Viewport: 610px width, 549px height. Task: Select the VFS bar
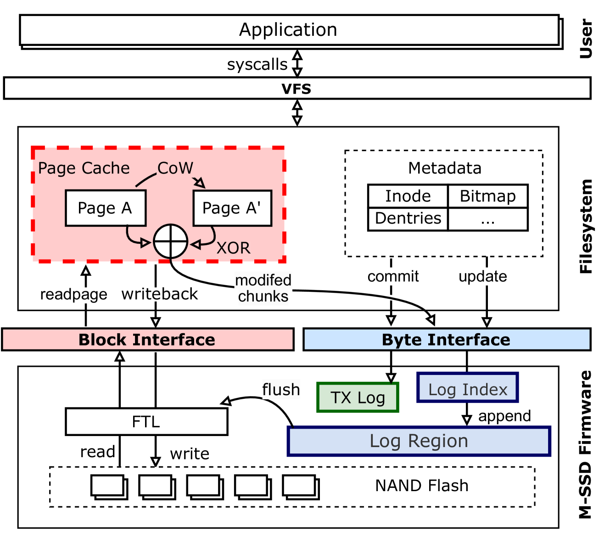[x=297, y=88]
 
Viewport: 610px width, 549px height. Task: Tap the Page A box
[x=105, y=208]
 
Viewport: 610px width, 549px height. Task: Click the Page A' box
[x=232, y=208]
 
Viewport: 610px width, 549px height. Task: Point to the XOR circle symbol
[x=170, y=241]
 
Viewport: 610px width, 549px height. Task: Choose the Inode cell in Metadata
[x=408, y=196]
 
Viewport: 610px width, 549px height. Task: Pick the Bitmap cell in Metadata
[x=487, y=196]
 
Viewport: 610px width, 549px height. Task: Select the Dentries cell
[x=408, y=218]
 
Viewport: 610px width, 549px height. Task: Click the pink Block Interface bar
[x=147, y=340]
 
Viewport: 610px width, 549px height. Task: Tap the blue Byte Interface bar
[x=446, y=340]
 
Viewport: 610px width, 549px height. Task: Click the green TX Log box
[x=358, y=398]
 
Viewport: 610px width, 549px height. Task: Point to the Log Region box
[x=419, y=441]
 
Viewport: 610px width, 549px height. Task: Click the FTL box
[x=146, y=421]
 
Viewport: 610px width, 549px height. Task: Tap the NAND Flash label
[x=421, y=486]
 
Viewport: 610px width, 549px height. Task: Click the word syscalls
[x=257, y=65]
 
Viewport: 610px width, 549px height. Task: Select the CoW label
[x=175, y=168]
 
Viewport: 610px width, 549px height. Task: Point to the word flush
[x=281, y=390]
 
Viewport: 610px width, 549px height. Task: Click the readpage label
[x=73, y=294]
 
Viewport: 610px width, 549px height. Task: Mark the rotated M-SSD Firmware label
[x=585, y=444]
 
